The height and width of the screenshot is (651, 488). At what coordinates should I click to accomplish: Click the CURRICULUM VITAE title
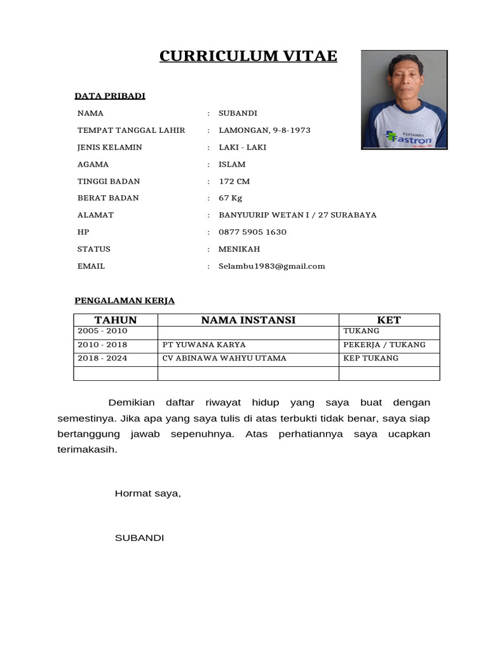[248, 57]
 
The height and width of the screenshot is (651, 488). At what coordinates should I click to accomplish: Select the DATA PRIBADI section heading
[110, 96]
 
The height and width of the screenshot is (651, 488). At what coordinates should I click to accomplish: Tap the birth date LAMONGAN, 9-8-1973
[264, 130]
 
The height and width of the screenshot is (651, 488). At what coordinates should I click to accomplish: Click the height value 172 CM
[234, 181]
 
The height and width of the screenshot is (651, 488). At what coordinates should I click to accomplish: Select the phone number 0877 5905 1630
[252, 232]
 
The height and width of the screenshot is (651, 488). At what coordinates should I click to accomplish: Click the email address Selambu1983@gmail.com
[271, 266]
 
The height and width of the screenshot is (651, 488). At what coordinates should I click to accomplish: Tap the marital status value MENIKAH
[239, 249]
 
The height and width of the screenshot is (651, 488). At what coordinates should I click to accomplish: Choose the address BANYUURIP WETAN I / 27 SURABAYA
[297, 215]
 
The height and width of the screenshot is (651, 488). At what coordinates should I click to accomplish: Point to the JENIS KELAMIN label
[109, 147]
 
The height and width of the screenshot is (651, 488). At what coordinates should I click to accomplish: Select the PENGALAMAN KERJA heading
[125, 301]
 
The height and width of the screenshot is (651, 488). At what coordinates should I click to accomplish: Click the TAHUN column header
[116, 320]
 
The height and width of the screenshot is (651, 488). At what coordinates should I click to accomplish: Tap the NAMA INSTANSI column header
[248, 320]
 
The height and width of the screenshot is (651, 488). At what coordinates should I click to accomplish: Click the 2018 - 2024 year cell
[102, 358]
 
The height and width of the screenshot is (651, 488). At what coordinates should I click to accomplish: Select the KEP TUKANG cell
[370, 358]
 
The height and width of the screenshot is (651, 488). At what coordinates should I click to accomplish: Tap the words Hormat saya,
[147, 493]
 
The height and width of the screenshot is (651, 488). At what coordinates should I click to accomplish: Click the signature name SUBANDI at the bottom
[139, 538]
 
